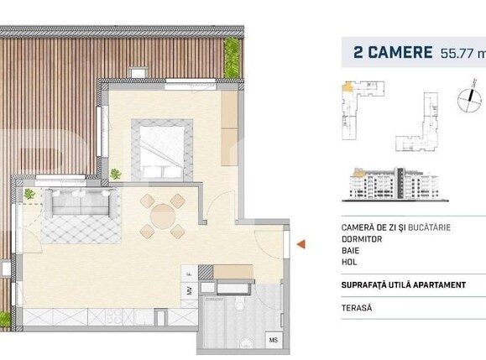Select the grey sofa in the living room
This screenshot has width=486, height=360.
pos(81,201)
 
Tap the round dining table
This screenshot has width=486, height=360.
pos(162,215)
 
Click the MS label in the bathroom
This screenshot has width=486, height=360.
pos(274,340)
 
